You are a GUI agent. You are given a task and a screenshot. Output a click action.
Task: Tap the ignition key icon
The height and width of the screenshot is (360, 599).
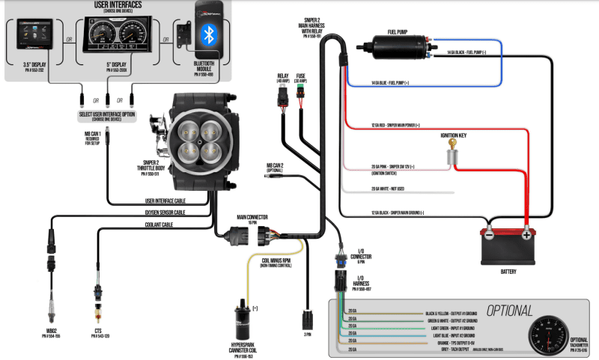coord(452,155)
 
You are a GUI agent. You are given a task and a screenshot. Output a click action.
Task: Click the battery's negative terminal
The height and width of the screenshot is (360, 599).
coord(488,234)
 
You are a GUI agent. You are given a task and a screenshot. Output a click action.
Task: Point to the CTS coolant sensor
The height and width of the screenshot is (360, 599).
coord(97,296)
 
